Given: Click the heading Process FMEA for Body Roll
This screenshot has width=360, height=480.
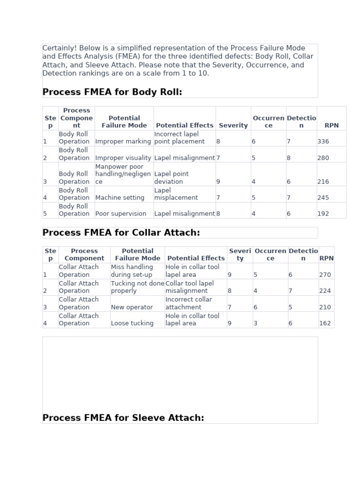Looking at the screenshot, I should pos(112,92).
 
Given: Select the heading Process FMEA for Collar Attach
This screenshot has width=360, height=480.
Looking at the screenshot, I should pos(121,232).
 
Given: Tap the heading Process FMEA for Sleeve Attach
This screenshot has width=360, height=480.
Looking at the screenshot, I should pos(123,418).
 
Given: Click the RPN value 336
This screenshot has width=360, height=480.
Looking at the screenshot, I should pos(323,142).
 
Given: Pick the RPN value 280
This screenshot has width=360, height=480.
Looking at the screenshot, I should pos(323,158).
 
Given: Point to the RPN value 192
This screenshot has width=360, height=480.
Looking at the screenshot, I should pos(323,214).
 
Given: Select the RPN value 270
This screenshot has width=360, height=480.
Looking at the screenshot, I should pos(325,275).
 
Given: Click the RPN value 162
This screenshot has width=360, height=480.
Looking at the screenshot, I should pos(325,323).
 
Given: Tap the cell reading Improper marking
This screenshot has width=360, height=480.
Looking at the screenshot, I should pos(123,142).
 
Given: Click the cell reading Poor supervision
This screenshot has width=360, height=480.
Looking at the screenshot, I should pos(121,214).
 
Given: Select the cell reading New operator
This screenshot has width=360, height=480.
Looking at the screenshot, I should pos(132,307).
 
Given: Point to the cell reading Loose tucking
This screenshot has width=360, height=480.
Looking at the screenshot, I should pos(132,323).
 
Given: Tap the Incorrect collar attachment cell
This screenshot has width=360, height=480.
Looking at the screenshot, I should pos(188,303).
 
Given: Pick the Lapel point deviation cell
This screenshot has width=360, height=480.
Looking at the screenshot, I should pos(172,178).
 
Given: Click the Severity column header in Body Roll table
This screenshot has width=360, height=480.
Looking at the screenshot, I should pos(233,126).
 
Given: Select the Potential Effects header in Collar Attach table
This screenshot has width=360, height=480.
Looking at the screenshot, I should pos(196,258).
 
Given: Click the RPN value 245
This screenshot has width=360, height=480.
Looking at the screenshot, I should pos(323,198).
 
